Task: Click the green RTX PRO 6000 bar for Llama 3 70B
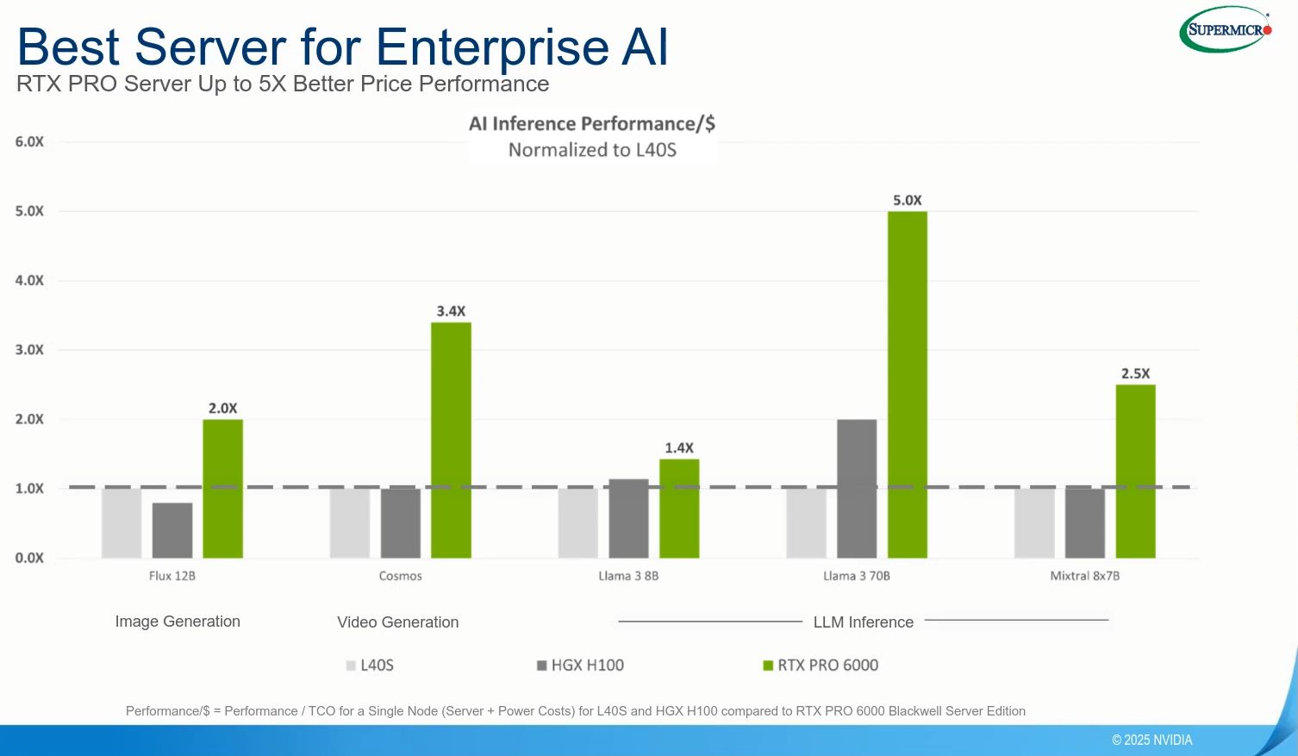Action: tap(907, 384)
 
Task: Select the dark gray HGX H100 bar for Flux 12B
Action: tap(172, 530)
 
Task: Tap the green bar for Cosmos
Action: tap(451, 440)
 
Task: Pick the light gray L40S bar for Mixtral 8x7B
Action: tap(1034, 523)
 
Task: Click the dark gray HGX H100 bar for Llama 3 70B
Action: tap(857, 489)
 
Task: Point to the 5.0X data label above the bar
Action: tap(907, 200)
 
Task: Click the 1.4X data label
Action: tap(679, 448)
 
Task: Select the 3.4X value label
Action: tap(451, 311)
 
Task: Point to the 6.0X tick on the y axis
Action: tap(29, 142)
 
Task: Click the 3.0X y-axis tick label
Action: tap(29, 350)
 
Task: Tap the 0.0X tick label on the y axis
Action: tap(29, 558)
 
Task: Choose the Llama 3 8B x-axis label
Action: tap(628, 576)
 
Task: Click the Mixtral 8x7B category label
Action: tap(1084, 576)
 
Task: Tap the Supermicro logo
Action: tap(1226, 30)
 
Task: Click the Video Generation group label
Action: tap(397, 622)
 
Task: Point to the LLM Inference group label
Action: tap(863, 622)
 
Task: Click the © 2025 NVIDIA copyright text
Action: tap(1151, 740)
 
